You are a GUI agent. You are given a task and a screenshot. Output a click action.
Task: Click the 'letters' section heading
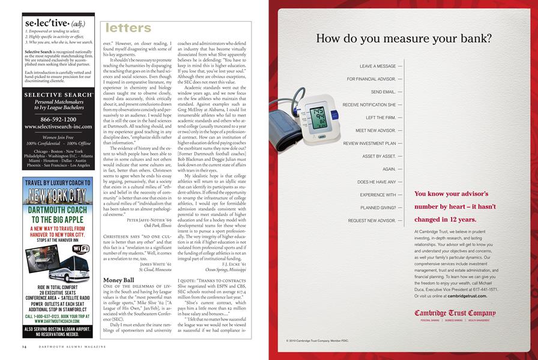click(128, 28)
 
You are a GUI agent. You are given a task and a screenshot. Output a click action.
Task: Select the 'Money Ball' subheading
click(119, 280)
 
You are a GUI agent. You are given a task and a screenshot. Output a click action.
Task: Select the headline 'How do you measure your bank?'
click(403, 39)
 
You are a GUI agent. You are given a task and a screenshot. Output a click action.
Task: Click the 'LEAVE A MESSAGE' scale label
click(378, 66)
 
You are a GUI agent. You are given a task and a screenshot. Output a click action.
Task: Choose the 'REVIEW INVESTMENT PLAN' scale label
click(369, 143)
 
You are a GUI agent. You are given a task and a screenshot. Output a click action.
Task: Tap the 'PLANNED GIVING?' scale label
click(378, 208)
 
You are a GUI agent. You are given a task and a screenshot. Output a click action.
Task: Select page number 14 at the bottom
click(24, 347)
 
